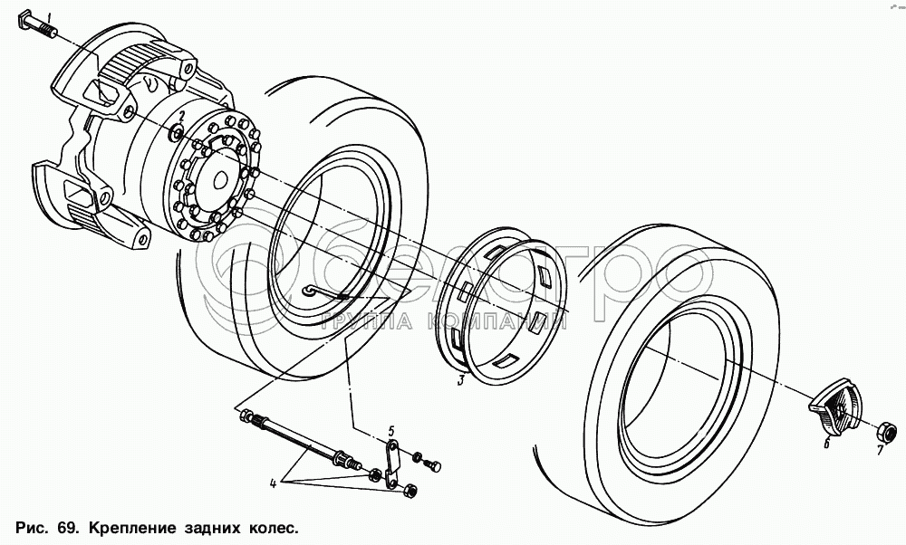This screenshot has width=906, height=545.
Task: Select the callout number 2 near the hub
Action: tap(181, 115)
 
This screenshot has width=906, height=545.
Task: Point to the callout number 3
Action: tap(460, 380)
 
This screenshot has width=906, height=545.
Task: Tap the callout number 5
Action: tap(391, 431)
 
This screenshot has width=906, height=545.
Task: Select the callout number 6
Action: tap(827, 444)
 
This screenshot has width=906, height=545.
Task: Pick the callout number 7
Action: tap(880, 450)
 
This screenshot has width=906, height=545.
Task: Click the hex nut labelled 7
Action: tap(887, 431)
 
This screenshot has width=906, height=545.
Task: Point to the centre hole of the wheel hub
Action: tap(220, 181)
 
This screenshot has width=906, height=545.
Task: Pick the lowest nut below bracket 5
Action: tap(410, 491)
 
